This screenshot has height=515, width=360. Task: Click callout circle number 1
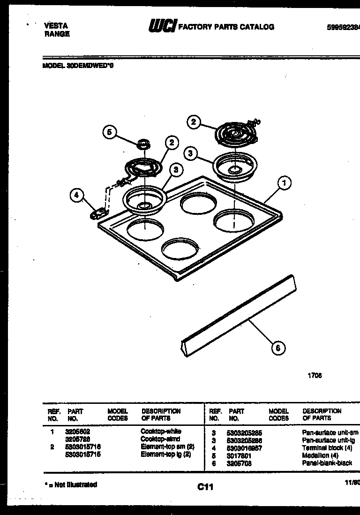pos(284,183)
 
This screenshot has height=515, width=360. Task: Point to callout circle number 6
pos(278,348)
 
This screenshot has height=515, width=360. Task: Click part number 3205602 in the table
pos(78,431)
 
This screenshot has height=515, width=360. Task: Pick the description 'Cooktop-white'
pos(161,431)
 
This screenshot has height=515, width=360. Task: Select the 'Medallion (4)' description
pos(321,455)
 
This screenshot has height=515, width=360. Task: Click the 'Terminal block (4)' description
pos(327,448)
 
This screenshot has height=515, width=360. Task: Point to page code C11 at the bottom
pos(205,487)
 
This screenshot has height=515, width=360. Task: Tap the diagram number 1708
pos(315,375)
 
